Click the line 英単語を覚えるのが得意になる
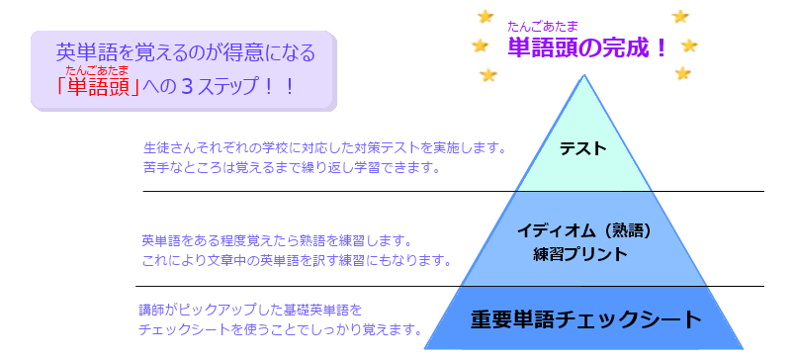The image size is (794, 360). click(186, 51)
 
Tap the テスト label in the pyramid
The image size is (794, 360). click(582, 149)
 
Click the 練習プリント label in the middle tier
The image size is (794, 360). click(579, 254)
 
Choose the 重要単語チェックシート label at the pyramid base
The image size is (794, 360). click(585, 319)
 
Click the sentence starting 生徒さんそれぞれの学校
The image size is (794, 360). click(324, 148)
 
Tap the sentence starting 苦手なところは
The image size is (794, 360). click(291, 168)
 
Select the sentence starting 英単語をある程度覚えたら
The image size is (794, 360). click(276, 240)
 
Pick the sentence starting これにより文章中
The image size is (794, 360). click(297, 261)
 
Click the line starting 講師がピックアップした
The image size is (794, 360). click(251, 310)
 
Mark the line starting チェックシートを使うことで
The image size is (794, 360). click(281, 329)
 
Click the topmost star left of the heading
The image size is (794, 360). click(485, 16)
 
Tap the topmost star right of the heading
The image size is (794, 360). click(680, 16)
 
